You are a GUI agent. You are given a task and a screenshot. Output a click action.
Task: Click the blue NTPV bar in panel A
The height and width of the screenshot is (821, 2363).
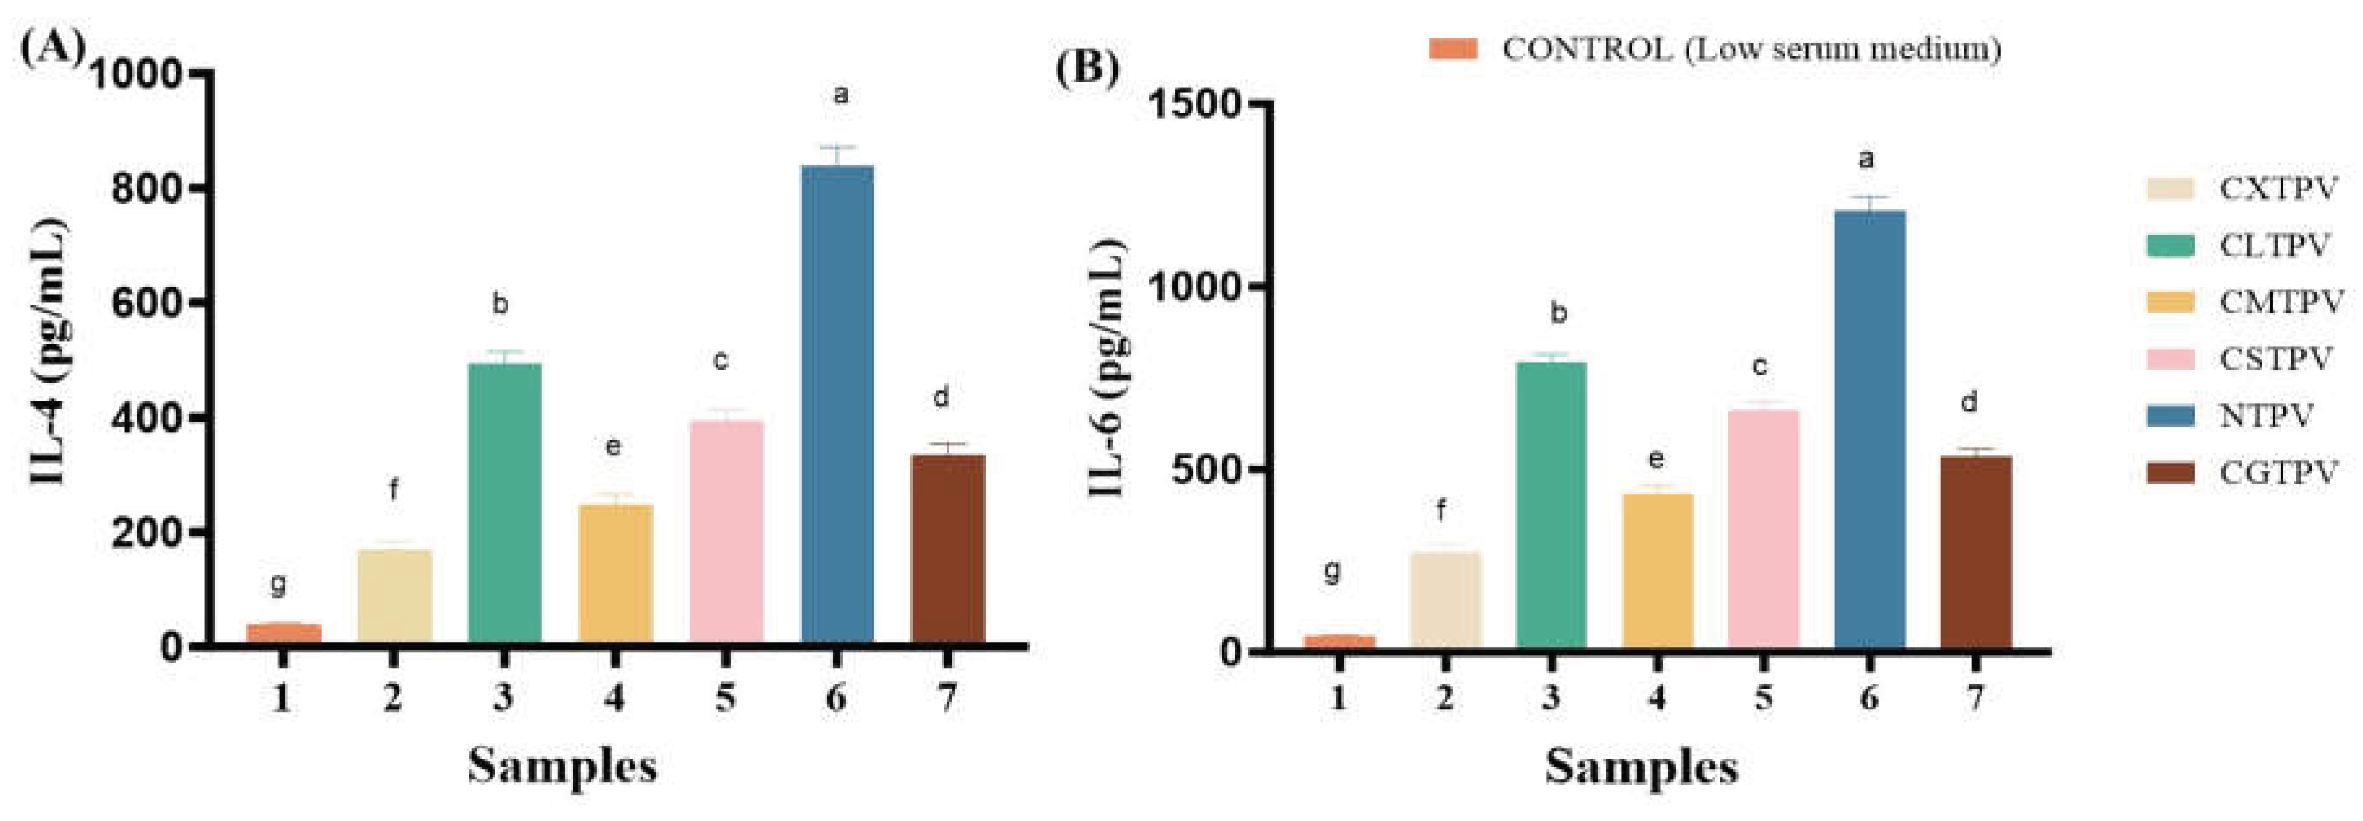point(837,403)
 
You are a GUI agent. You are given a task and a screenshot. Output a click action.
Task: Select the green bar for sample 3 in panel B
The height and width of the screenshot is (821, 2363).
point(1551,505)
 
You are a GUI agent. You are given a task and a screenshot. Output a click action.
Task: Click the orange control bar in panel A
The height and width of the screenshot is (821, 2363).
point(283,633)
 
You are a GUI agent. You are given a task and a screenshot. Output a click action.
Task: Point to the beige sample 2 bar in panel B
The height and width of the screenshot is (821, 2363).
point(1445,601)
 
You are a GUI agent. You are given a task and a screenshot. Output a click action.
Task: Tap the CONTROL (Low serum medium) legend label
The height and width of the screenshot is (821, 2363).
point(1751,49)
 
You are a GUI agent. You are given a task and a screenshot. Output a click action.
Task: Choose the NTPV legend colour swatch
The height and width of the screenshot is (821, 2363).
point(2170,416)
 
